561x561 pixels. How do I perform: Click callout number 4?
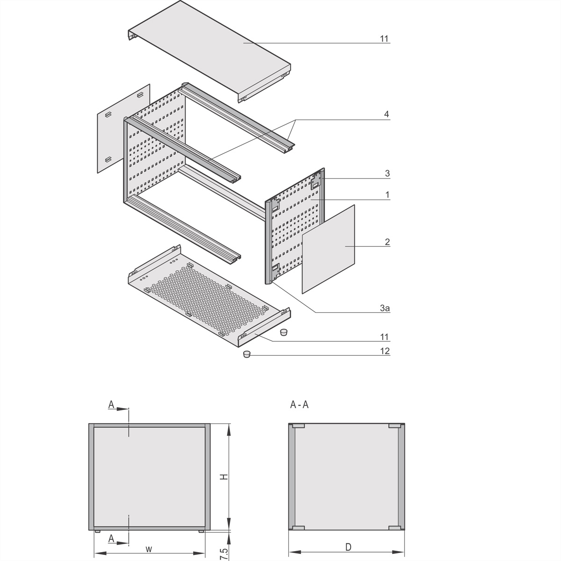(386, 114)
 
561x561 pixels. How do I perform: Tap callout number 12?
(385, 351)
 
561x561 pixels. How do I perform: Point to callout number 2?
(387, 242)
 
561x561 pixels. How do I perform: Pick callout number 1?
(387, 194)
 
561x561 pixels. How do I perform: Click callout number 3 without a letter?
(387, 173)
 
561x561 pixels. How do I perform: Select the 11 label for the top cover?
(384, 39)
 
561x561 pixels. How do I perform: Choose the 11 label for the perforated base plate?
(384, 337)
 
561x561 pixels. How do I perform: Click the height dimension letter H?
(224, 477)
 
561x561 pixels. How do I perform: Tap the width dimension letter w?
(148, 548)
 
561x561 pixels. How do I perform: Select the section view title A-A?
(299, 405)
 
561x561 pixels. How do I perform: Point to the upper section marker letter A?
(111, 404)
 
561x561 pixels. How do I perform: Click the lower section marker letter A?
(111, 539)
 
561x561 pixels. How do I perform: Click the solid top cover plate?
(210, 47)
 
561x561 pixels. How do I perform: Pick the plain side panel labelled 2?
(328, 249)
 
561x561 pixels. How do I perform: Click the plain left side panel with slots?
(122, 129)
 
